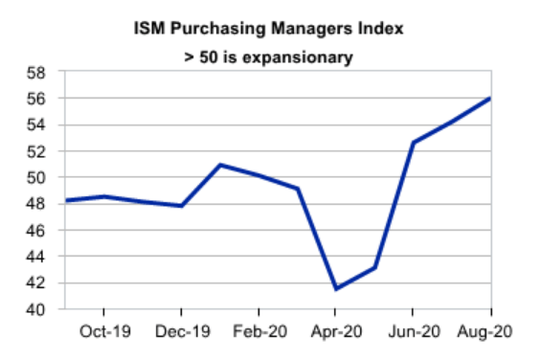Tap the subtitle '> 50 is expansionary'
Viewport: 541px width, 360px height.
(x=269, y=57)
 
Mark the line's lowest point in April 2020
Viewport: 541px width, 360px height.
(x=335, y=289)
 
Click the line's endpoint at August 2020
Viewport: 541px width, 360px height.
(x=490, y=98)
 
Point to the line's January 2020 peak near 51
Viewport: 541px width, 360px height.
(x=219, y=165)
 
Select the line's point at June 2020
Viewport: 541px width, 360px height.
(x=413, y=143)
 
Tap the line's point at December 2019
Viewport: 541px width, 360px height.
(x=180, y=206)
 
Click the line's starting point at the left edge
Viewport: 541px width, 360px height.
(x=64, y=200)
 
